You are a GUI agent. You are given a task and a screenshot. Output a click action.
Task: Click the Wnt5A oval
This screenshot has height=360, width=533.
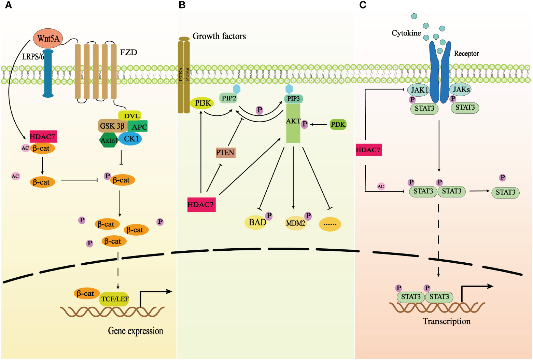coord(48,38)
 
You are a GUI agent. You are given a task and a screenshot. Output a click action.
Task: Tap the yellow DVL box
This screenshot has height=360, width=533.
coord(130,116)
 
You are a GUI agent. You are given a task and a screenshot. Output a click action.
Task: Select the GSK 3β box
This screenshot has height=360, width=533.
coord(112,126)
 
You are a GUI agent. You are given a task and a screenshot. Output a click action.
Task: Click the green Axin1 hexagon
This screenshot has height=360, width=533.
coord(109,140)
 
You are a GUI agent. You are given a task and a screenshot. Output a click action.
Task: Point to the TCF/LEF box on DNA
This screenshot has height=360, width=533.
coord(115,299)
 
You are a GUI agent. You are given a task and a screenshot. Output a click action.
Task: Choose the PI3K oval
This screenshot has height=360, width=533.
coord(202,103)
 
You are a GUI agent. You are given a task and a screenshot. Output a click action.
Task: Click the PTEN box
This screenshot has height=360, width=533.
coord(225,152)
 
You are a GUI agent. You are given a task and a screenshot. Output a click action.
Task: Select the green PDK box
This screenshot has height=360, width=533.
coord(338,124)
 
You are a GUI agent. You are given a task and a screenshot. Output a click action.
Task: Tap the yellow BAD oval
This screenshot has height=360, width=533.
coord(256,223)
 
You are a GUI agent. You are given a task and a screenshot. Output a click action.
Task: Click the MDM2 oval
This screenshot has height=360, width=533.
coord(296,223)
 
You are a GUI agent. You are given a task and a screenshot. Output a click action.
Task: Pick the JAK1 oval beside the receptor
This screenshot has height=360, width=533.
coord(419,90)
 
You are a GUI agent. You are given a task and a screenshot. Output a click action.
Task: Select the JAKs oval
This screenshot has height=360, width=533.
coord(461,89)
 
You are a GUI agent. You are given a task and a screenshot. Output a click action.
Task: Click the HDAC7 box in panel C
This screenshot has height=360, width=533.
coord(368,150)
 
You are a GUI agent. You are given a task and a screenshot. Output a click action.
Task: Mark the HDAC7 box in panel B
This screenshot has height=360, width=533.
coord(201,205)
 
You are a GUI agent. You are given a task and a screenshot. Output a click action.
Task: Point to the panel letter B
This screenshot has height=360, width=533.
coord(182,5)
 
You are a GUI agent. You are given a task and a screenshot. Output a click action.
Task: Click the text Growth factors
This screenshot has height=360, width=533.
coord(219,36)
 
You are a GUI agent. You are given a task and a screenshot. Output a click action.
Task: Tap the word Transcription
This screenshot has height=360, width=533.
coord(447,321)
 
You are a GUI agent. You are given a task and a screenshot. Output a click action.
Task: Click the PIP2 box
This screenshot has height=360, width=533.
coord(229,98)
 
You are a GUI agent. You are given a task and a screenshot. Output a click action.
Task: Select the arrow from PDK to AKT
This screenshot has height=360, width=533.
coord(318,124)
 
